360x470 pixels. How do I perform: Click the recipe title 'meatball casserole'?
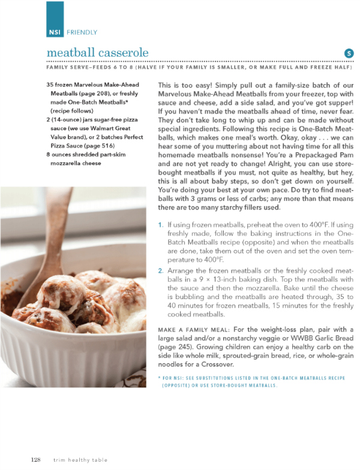click(x=97, y=53)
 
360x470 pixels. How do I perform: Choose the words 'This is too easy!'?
click(x=185, y=85)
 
